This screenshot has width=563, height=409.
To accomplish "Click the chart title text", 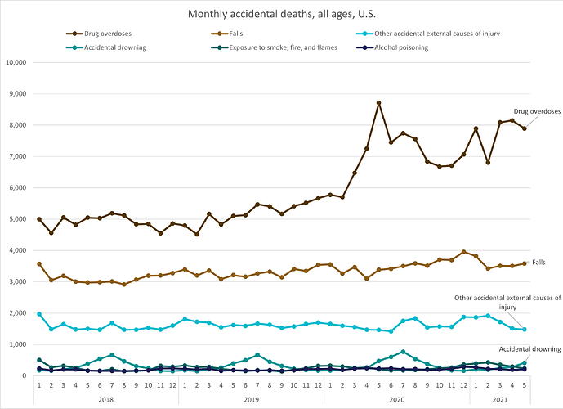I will pyautogui.click(x=281, y=15).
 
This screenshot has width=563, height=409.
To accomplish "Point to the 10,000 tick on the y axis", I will pyautogui.click(x=17, y=62).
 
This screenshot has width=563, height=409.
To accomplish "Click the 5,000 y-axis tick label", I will pyautogui.click(x=19, y=219).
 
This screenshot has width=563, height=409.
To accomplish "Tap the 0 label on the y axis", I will pyautogui.click(x=26, y=376).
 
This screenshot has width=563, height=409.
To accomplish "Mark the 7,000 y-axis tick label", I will pyautogui.click(x=19, y=156).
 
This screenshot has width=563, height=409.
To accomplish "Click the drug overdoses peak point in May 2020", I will pyautogui.click(x=378, y=103).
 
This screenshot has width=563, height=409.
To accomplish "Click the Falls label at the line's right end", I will pyautogui.click(x=538, y=263).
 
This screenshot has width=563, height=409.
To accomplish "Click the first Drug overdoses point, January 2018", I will pyautogui.click(x=39, y=219).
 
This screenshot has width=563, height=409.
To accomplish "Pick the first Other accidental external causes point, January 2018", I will pyautogui.click(x=39, y=314).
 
